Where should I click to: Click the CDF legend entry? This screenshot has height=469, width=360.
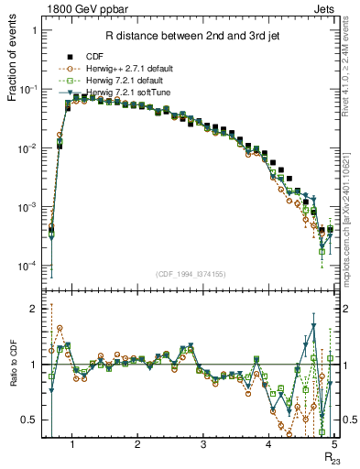115,56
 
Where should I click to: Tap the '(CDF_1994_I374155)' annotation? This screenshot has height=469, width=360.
191,274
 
